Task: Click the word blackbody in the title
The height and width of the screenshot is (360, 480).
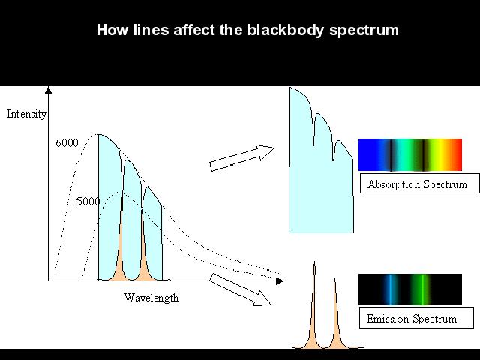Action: tap(285, 30)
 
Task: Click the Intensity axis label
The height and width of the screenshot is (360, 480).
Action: tap(26, 114)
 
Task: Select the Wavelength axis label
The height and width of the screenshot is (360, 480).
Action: tap(151, 298)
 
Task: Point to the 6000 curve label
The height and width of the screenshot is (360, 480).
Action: tap(67, 143)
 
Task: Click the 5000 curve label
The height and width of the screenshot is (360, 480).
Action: tap(88, 202)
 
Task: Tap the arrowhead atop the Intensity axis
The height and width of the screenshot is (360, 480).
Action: tap(48, 90)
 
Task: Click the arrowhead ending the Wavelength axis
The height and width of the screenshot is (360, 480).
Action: tap(280, 280)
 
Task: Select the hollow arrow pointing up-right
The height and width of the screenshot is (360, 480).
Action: tap(241, 157)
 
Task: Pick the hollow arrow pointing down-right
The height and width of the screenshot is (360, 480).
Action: tap(240, 289)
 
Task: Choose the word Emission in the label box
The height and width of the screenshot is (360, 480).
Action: tap(388, 319)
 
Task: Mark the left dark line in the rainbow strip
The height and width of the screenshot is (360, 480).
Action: tap(391, 155)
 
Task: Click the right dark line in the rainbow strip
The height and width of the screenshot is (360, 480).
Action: tap(423, 155)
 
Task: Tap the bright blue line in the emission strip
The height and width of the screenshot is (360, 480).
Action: tap(391, 289)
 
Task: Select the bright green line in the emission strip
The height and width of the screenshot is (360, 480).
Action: tap(422, 289)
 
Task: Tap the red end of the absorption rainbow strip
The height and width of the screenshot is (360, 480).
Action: tap(456, 155)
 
